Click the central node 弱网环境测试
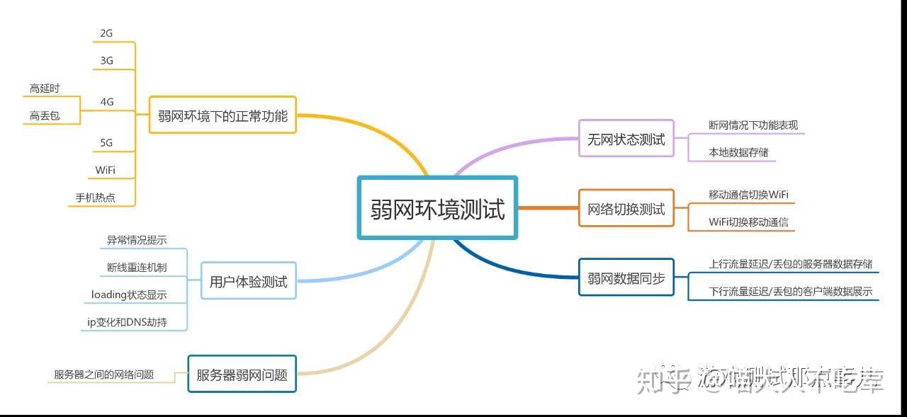pos(437,208)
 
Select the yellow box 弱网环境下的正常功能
pos(222,115)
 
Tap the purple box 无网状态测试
pos(626,139)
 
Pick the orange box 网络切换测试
pos(626,209)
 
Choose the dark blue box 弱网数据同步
pos(626,278)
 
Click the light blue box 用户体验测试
pos(248,282)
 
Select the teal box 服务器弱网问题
pos(242,375)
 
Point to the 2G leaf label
pos(106,33)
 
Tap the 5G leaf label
pos(106,143)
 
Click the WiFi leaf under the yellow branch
pos(105,170)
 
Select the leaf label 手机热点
pos(96,198)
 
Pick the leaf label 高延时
pos(45,88)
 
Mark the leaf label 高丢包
pos(45,116)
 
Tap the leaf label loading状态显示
pos(129,295)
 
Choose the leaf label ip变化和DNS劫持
pos(127,322)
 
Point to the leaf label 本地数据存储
pos(738,152)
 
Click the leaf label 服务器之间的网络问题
pos(103,375)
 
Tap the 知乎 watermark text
pos(662,380)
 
